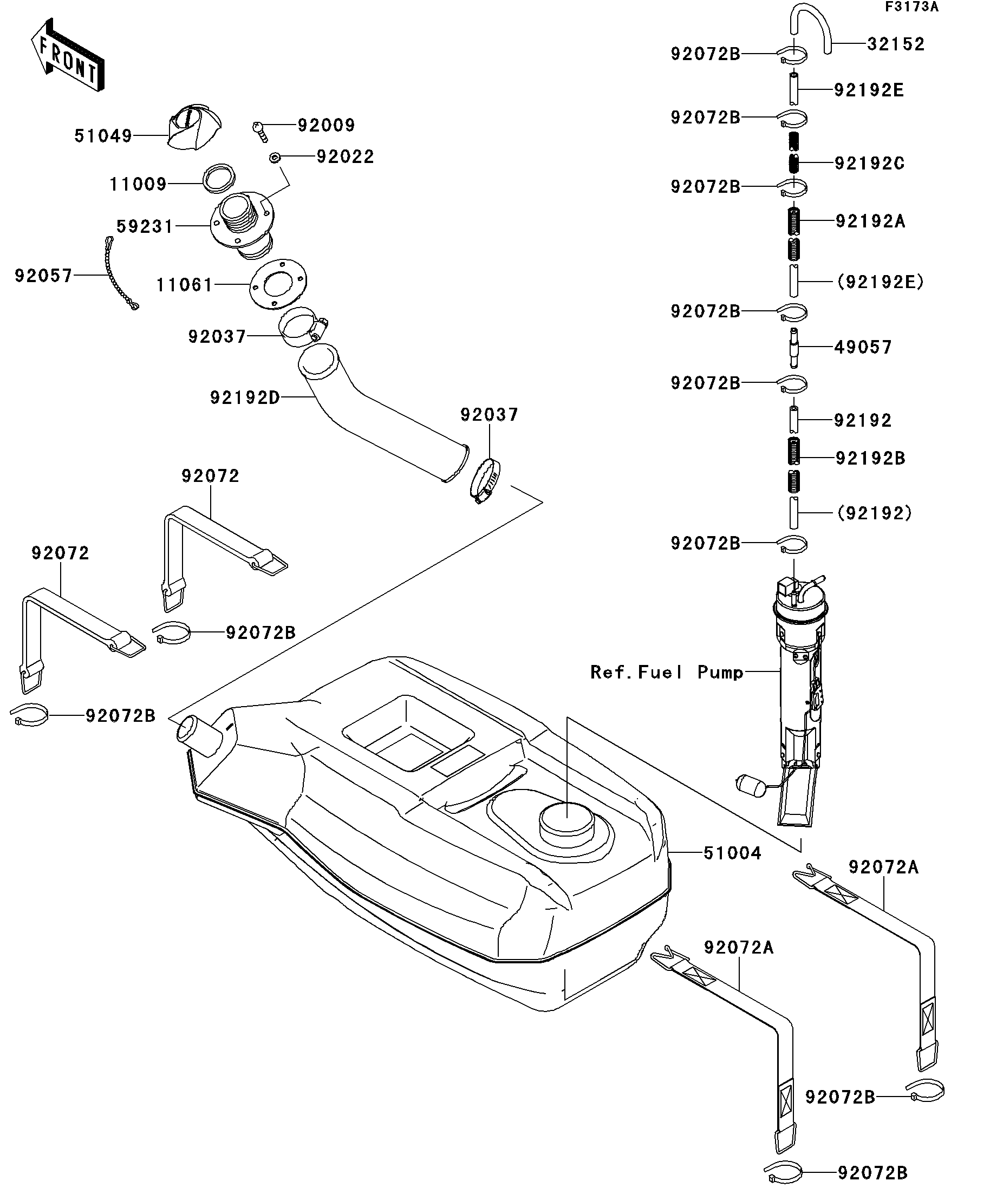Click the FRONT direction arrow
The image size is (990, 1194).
(68, 55)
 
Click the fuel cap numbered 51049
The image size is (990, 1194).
(194, 127)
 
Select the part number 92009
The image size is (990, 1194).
(327, 125)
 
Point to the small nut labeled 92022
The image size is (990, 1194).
(275, 157)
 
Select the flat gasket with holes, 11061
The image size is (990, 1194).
(278, 284)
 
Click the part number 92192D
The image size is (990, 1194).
(245, 397)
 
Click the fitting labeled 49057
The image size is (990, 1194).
(794, 348)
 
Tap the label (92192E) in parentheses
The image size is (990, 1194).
(880, 282)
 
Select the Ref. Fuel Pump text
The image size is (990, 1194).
(667, 672)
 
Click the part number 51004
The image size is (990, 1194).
(732, 869)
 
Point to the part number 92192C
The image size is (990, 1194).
(869, 163)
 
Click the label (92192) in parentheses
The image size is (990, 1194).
(875, 513)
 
